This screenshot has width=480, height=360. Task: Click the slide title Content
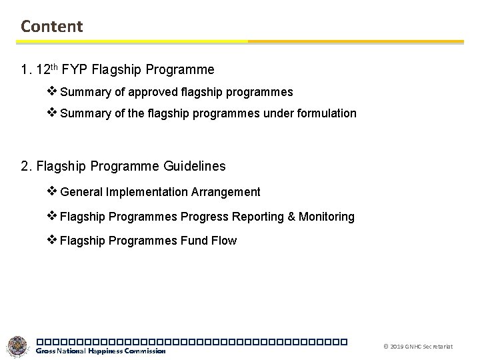click(52, 26)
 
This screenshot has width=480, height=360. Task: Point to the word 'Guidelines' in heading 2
click(194, 165)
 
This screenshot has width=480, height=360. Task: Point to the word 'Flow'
click(224, 241)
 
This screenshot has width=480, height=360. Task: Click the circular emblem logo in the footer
click(18, 347)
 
